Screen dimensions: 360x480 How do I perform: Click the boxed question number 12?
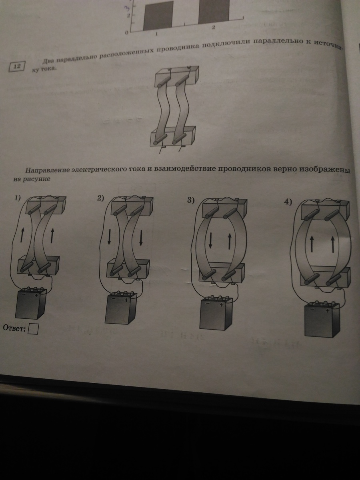click(x=17, y=66)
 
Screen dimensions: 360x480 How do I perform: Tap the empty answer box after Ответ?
click(x=33, y=329)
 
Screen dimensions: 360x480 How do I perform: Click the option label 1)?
click(x=17, y=198)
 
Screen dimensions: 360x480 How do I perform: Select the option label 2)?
click(x=100, y=198)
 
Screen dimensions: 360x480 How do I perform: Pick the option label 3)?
click(x=191, y=200)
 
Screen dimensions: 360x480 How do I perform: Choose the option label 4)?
click(x=288, y=203)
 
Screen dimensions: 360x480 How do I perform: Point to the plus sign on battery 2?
click(x=126, y=300)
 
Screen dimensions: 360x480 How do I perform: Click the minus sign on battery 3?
click(x=208, y=303)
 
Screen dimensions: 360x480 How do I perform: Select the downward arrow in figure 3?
click(x=210, y=240)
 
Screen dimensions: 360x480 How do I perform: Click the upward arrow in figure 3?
click(x=229, y=241)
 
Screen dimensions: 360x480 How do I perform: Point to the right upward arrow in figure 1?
click(x=52, y=235)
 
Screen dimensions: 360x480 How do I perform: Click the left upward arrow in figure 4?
click(x=312, y=243)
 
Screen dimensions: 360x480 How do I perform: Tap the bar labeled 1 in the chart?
click(x=158, y=16)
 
